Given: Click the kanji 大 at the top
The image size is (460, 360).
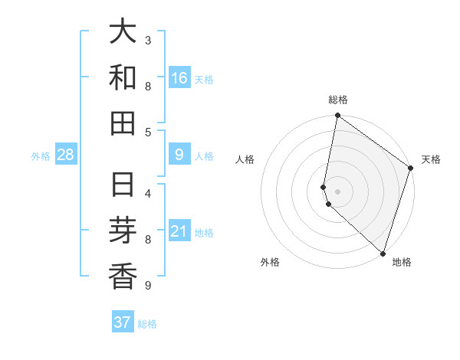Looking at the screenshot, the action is click(x=123, y=33).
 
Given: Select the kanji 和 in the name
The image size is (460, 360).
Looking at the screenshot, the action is click(x=123, y=77).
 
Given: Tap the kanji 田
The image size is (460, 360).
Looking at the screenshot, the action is click(x=123, y=123).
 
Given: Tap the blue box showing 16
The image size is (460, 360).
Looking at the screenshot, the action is click(x=179, y=78).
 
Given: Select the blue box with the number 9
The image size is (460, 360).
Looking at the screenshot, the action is click(x=179, y=155).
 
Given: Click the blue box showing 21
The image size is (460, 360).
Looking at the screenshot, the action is click(x=179, y=231).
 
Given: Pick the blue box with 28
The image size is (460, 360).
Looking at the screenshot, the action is click(x=65, y=155).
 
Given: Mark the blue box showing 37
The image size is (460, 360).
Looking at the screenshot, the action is click(x=122, y=322).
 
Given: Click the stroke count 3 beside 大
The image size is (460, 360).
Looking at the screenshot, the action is click(x=148, y=40).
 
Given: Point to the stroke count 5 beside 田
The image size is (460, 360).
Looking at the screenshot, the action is click(x=148, y=132).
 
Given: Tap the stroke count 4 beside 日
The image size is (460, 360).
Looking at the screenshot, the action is click(x=148, y=193).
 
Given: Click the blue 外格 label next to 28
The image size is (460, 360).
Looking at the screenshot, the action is click(x=41, y=156).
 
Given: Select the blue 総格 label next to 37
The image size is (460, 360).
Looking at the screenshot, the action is click(x=147, y=323).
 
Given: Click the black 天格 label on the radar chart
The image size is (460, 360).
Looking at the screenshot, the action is click(x=431, y=159).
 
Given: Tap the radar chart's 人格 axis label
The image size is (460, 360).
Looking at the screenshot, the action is click(x=245, y=159).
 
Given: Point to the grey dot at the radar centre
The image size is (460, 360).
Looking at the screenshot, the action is click(x=337, y=191).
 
